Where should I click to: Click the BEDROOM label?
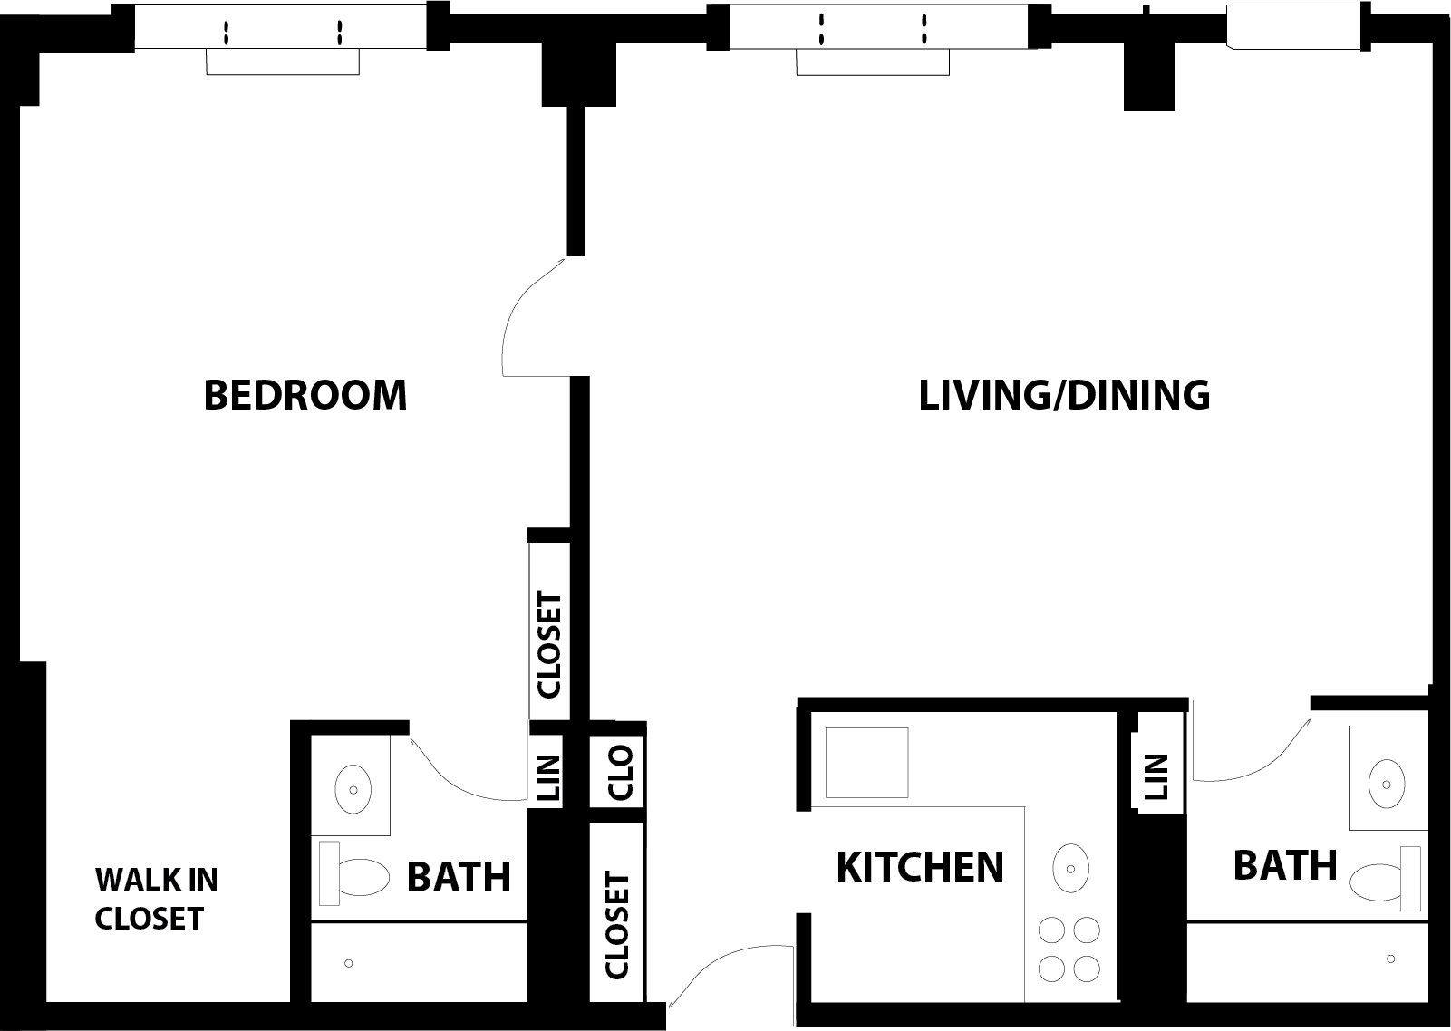305,395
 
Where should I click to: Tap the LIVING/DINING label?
1064,395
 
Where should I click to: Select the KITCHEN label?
919,867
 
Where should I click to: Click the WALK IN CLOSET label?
156,898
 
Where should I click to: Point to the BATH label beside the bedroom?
459,877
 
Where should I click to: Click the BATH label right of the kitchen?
1285,864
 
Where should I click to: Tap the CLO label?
620,772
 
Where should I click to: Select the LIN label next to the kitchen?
1156,777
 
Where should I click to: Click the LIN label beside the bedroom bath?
548,778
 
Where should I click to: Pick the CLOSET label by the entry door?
616,925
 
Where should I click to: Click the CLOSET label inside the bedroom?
549,644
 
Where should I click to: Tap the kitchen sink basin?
1070,869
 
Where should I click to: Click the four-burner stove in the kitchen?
1069,949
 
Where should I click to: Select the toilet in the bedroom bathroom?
361,877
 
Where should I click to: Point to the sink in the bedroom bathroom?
353,789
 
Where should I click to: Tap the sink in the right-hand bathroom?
1387,784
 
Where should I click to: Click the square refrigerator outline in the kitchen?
866,762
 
